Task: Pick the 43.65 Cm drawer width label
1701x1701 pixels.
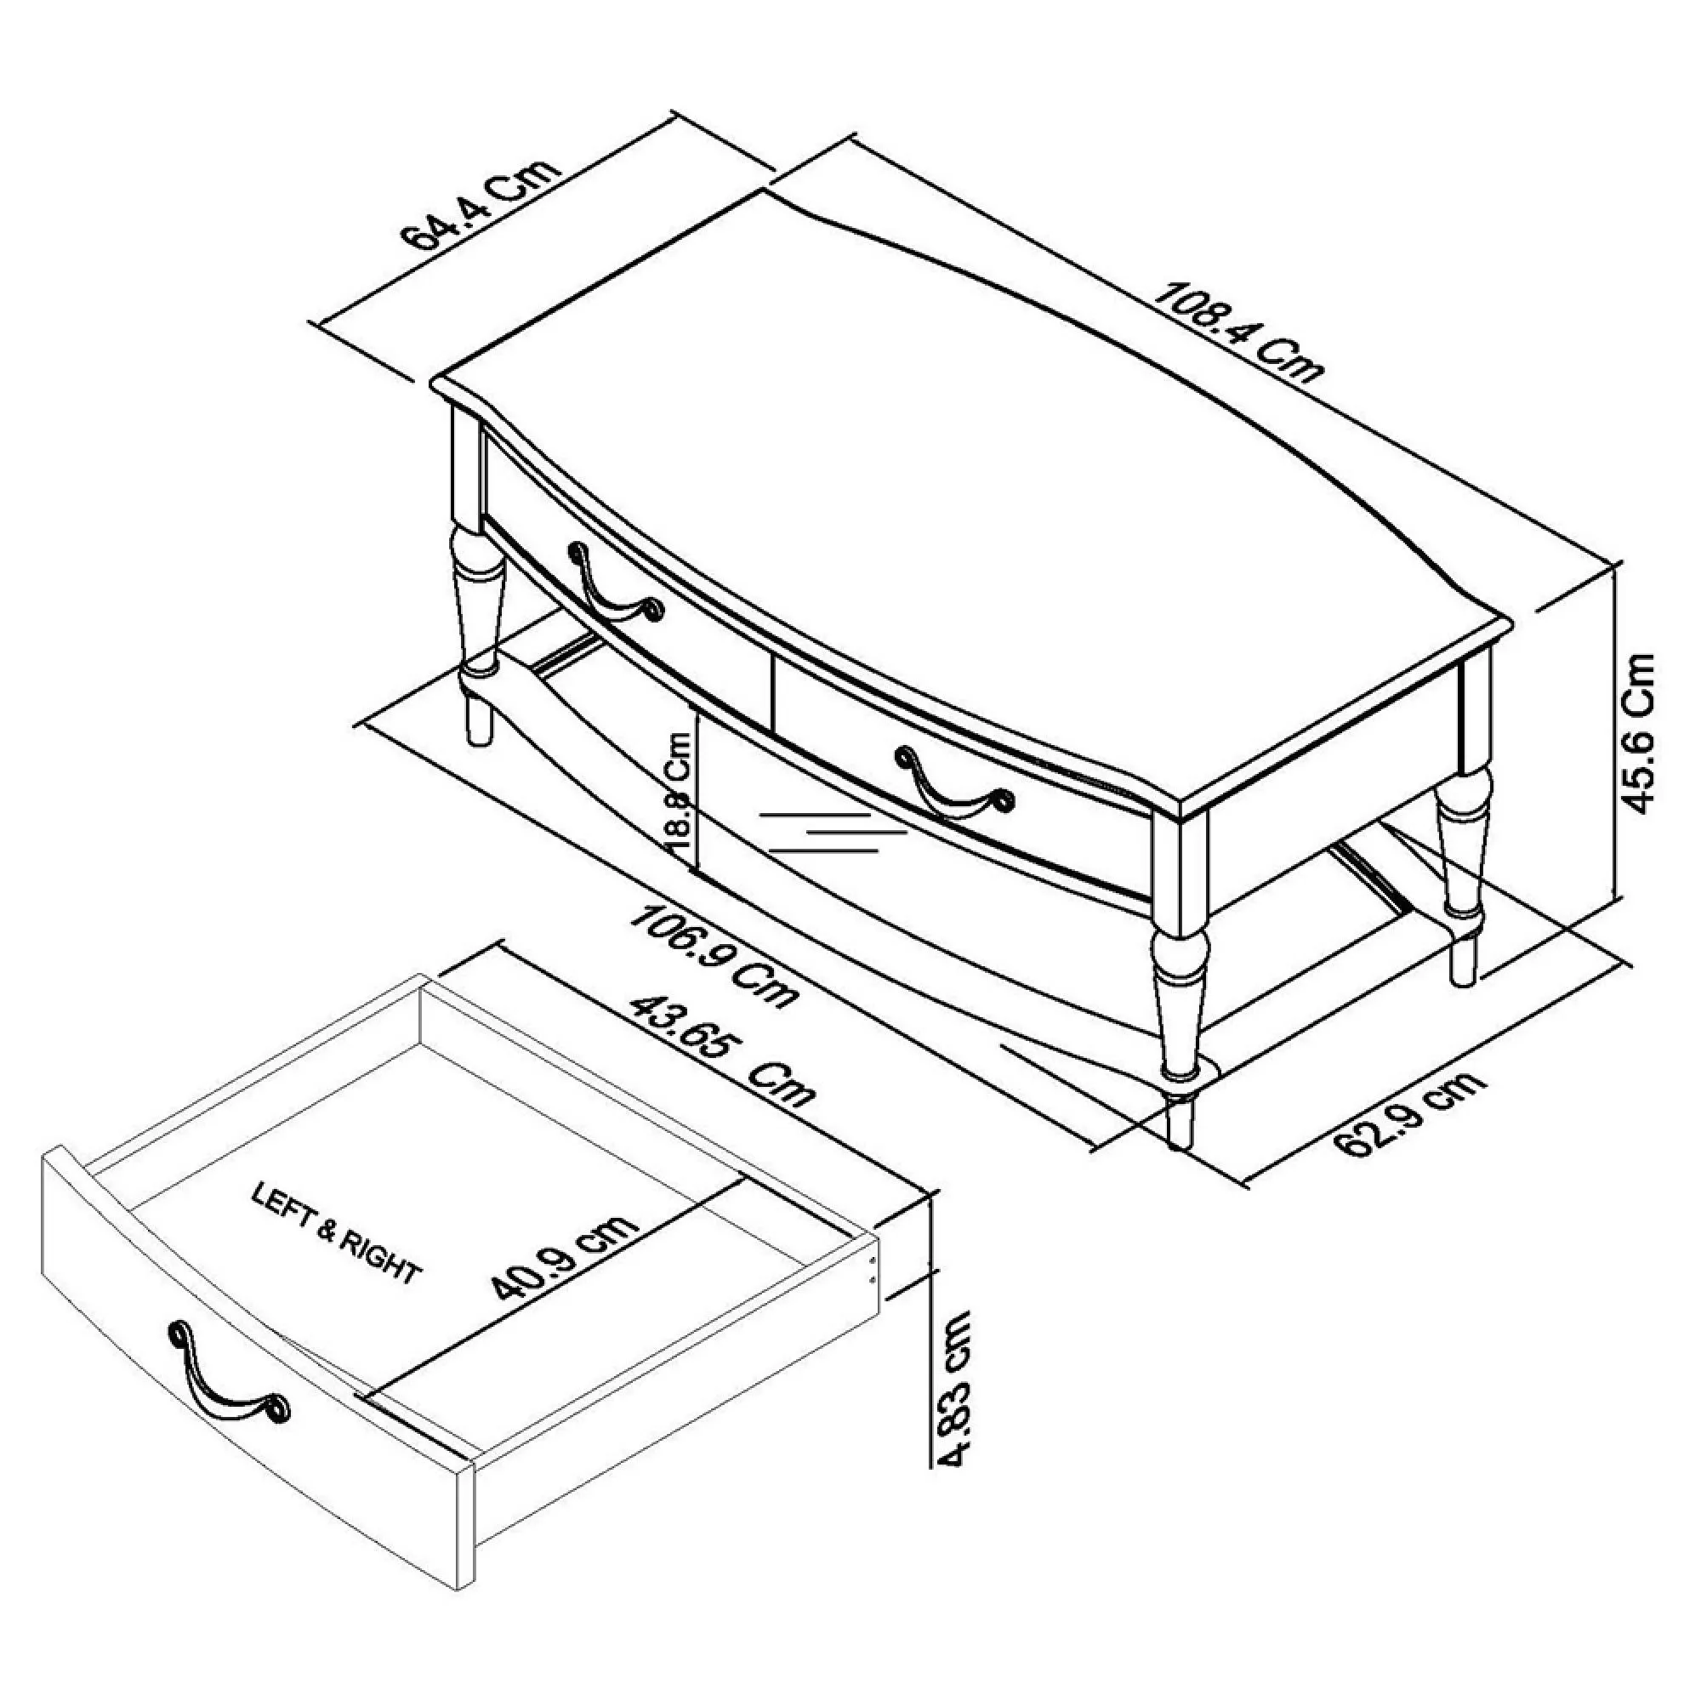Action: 722,1051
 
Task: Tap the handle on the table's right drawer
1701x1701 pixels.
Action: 953,782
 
